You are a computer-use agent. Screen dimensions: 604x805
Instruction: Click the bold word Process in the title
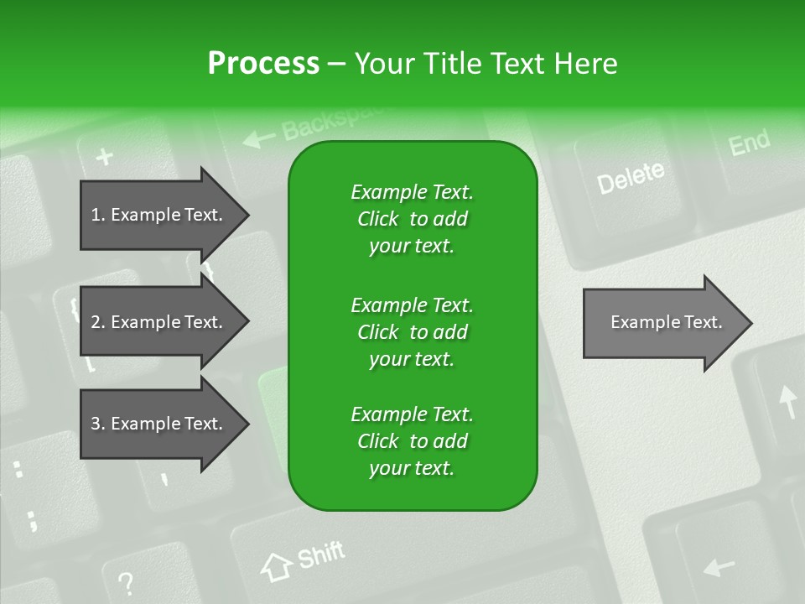(x=263, y=63)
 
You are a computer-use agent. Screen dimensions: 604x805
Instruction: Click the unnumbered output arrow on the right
(x=667, y=322)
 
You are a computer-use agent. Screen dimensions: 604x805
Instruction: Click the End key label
(x=749, y=143)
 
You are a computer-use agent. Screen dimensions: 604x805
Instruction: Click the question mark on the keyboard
(x=126, y=581)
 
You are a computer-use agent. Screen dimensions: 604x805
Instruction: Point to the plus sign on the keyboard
(x=104, y=156)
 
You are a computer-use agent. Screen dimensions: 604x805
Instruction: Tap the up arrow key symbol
(x=787, y=401)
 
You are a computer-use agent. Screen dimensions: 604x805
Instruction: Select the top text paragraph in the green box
(x=412, y=219)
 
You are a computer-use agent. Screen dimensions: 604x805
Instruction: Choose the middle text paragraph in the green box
(x=412, y=331)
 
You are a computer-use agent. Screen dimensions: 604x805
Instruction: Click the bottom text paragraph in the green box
(x=412, y=441)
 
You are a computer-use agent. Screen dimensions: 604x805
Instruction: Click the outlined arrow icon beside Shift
(x=277, y=566)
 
